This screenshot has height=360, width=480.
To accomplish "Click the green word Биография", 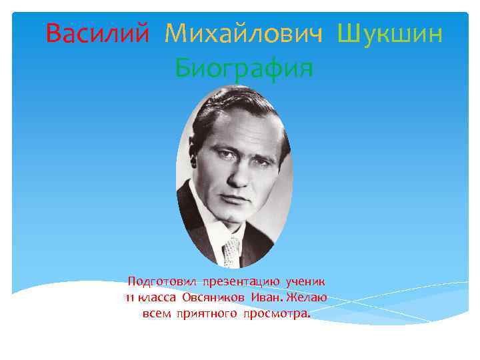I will point(243,67).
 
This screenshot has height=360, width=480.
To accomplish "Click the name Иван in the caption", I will point(270,297).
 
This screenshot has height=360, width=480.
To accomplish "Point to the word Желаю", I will point(310,297).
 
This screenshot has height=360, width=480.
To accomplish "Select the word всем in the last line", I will point(157,313).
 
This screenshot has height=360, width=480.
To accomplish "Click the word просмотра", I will point(279,314).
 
